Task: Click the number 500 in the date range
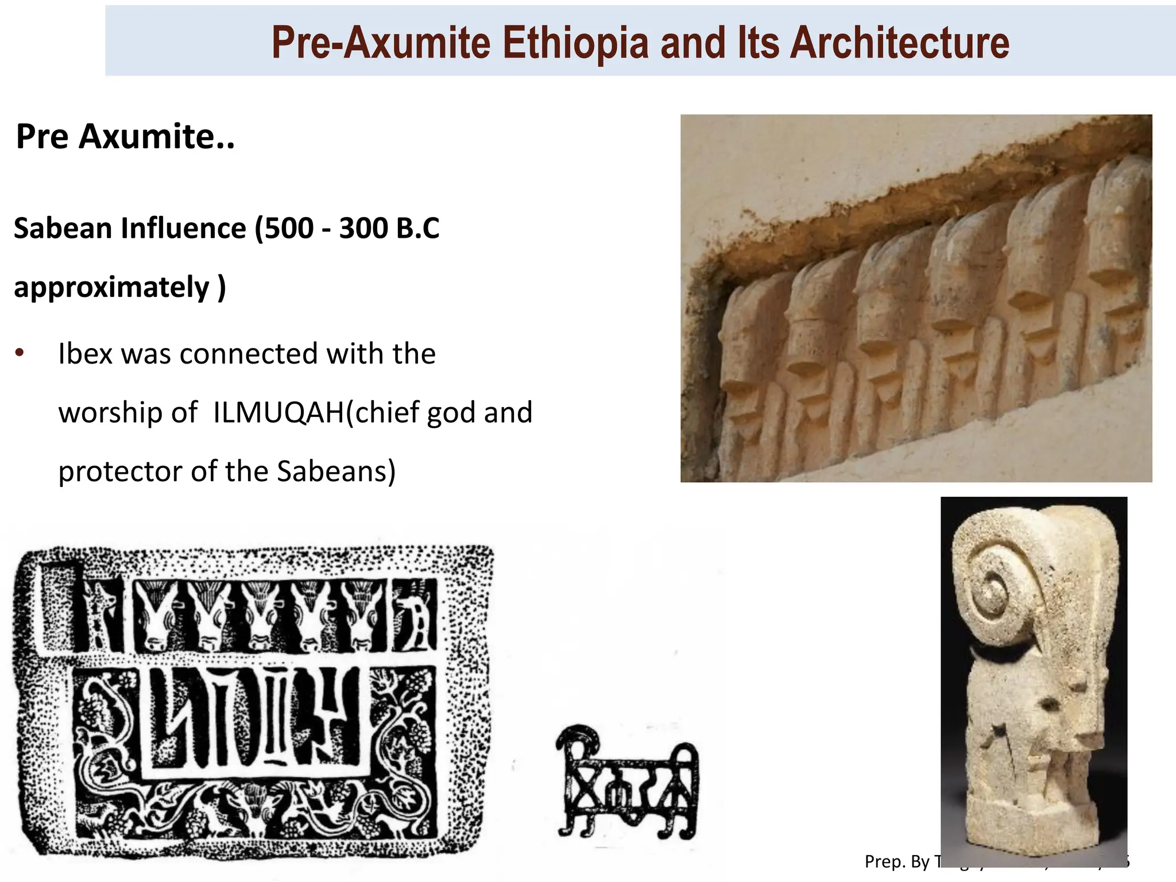click(289, 228)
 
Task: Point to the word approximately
click(111, 287)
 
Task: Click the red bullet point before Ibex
click(20, 352)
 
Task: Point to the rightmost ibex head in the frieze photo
click(1117, 241)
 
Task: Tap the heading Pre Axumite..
click(125, 137)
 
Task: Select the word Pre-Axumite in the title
click(380, 42)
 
